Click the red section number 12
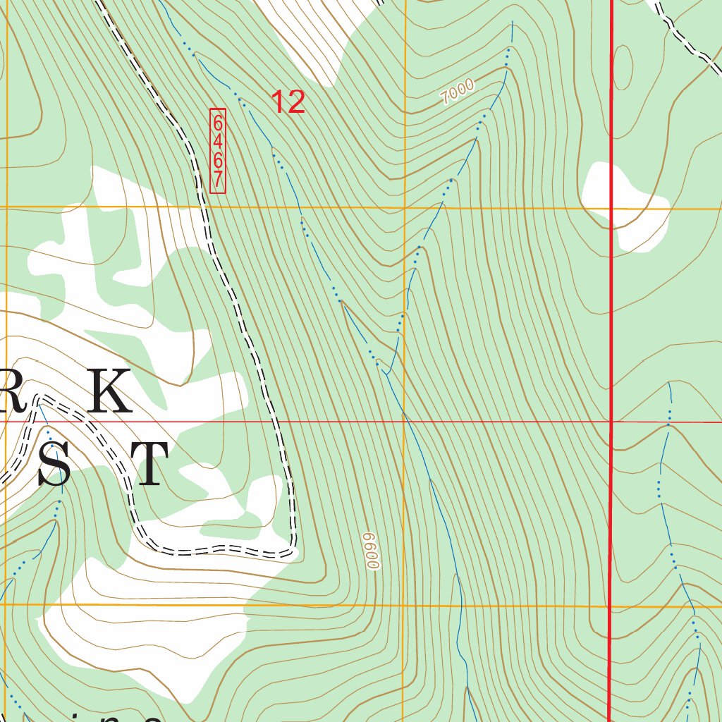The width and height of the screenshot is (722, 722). pos(288,102)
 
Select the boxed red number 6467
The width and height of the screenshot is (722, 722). pos(218,150)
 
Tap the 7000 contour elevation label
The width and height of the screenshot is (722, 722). pos(457,92)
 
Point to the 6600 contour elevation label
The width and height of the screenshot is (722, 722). pos(372,551)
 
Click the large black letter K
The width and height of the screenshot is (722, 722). pos(109,391)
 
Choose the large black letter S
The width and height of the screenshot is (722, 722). pos(54,465)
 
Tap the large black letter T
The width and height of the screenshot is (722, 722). pos(150,465)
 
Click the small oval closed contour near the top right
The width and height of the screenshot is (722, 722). pos(623,68)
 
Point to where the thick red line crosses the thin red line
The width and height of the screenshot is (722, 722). pos(611,422)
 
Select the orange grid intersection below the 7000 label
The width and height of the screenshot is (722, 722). pos(405,208)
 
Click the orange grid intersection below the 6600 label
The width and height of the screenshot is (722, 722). pos(405,605)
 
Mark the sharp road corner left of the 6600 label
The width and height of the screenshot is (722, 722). pos(293,546)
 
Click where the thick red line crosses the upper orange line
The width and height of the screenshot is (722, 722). pos(611,209)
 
